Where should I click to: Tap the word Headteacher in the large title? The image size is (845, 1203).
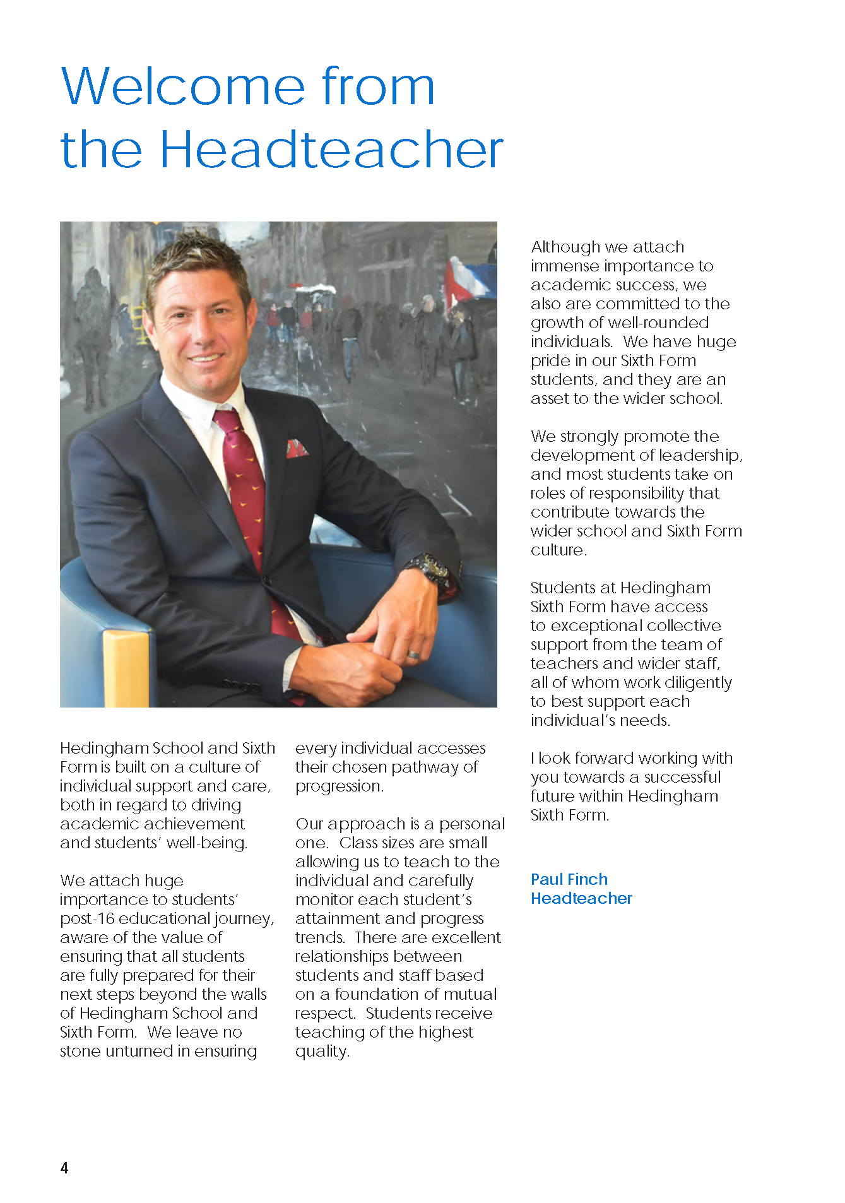point(331,150)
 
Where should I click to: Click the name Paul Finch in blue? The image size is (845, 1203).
point(569,879)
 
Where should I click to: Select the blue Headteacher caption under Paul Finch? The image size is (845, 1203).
point(581,898)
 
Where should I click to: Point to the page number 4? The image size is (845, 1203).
point(64,1168)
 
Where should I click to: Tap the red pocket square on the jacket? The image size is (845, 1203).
point(297,448)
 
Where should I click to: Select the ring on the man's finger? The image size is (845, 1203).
point(413,655)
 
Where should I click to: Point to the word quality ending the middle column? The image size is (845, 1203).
point(321,1052)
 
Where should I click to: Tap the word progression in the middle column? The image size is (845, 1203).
point(339,786)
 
